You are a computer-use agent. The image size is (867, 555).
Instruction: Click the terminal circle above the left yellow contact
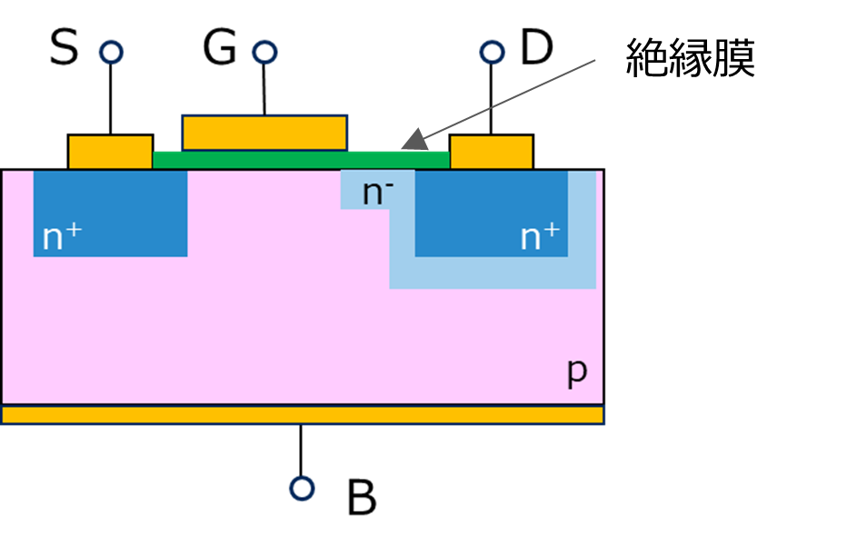click(x=111, y=53)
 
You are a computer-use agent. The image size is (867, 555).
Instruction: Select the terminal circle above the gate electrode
click(x=264, y=53)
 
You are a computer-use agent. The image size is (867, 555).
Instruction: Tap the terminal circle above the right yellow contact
click(x=492, y=53)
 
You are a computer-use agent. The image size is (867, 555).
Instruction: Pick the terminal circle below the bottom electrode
click(x=302, y=489)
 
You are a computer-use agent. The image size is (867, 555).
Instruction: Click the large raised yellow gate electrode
click(x=264, y=133)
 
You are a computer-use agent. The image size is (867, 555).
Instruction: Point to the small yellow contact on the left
click(x=110, y=153)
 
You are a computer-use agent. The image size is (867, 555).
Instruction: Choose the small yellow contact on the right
click(x=491, y=153)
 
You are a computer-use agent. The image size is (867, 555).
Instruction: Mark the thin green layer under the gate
click(x=300, y=161)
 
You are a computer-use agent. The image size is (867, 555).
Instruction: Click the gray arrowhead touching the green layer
click(x=414, y=140)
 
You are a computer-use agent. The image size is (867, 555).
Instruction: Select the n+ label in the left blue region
click(x=62, y=237)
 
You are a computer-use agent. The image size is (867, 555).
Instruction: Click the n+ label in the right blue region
click(x=540, y=237)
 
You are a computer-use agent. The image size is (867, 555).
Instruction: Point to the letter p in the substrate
click(x=577, y=372)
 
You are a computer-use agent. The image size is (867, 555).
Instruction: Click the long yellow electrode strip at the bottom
click(x=302, y=415)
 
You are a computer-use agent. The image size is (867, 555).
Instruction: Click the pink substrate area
click(x=273, y=327)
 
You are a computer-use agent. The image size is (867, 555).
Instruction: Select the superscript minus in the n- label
click(x=389, y=183)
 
